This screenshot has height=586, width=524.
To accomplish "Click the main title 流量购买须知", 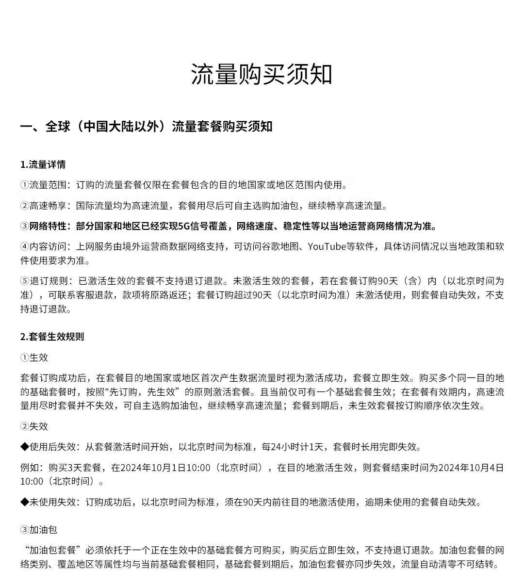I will coord(262,74).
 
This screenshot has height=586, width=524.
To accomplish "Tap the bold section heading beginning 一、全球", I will coord(146,127).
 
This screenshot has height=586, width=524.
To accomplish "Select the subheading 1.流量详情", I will coord(43,164).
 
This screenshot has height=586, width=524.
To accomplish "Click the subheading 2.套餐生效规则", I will coord(52,337).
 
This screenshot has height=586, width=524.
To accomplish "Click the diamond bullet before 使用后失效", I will coord(25,447).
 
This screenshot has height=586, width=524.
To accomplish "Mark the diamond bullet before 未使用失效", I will coord(25,502).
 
